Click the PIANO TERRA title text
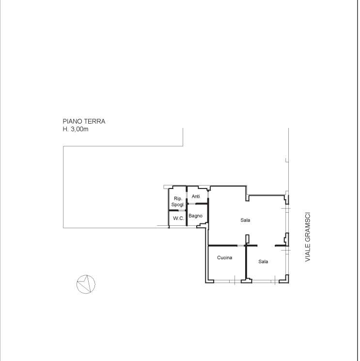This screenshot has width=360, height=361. (x=84, y=121)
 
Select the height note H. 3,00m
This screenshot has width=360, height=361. (x=76, y=129)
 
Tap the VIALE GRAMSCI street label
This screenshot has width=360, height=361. (x=308, y=237)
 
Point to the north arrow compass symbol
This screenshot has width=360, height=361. (x=86, y=284)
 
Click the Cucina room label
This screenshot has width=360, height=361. (x=224, y=258)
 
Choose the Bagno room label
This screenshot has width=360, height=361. (x=195, y=216)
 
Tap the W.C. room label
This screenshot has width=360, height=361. (x=179, y=218)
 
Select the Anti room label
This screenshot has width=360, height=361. (x=196, y=196)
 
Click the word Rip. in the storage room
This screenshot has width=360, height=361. (x=178, y=199)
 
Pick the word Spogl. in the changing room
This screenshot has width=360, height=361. (x=178, y=204)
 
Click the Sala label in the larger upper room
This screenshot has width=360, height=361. (x=245, y=220)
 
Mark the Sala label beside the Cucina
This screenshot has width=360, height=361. (x=263, y=262)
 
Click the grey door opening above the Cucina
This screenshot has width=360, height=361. (x=241, y=246)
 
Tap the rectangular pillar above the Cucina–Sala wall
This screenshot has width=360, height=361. (x=247, y=239)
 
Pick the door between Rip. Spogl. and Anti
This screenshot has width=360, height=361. (x=187, y=196)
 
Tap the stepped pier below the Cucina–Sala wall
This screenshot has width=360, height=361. (x=247, y=281)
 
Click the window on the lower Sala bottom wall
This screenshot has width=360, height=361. (x=265, y=281)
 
